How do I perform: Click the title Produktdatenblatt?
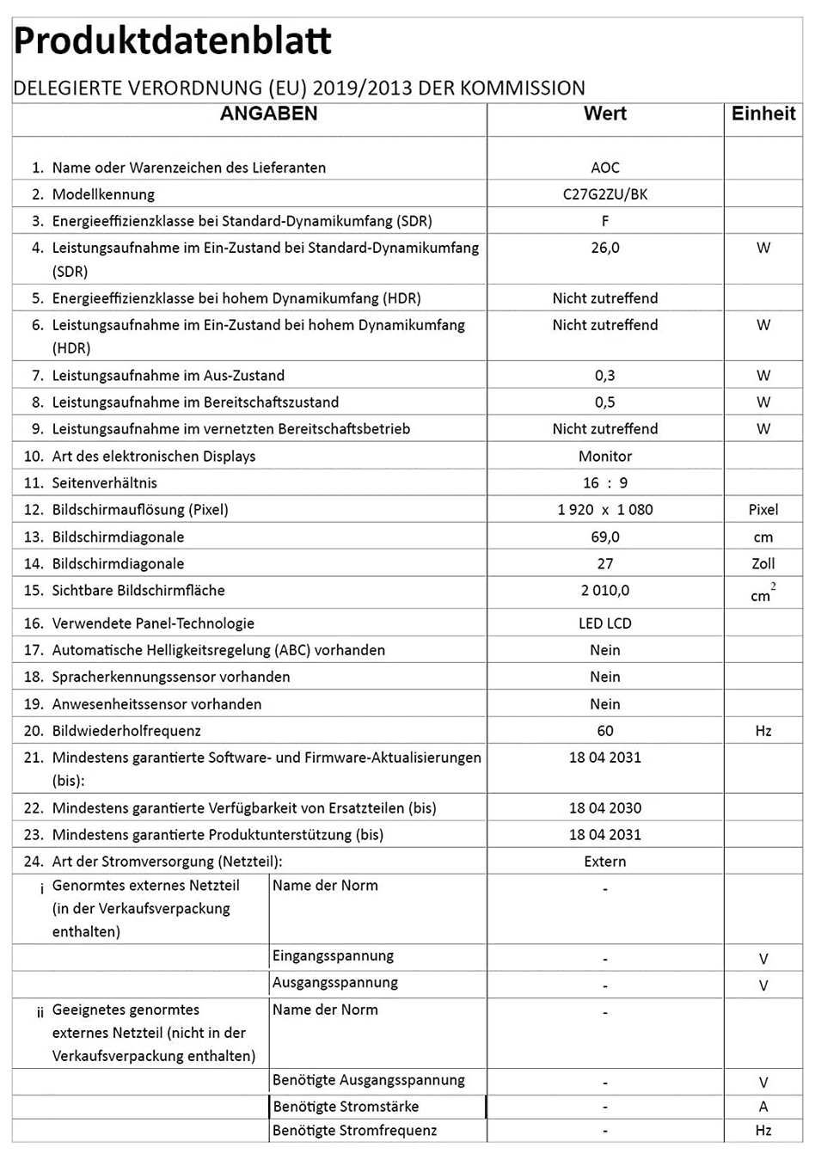pyautogui.click(x=173, y=41)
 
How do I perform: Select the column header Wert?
pyautogui.click(x=605, y=114)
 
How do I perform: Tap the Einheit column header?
pyautogui.click(x=763, y=114)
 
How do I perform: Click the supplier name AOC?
pyautogui.click(x=605, y=168)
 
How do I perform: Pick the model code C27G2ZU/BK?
pyautogui.click(x=605, y=194)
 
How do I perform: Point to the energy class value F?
pyautogui.click(x=605, y=221)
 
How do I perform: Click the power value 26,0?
pyautogui.click(x=605, y=248)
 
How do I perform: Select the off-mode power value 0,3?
pyautogui.click(x=605, y=376)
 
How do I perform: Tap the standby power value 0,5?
pyautogui.click(x=605, y=402)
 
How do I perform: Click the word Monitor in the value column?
pyautogui.click(x=605, y=457)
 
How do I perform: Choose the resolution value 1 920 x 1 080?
pyautogui.click(x=605, y=510)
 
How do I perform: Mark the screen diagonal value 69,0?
pyautogui.click(x=605, y=537)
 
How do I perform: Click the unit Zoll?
pyautogui.click(x=763, y=564)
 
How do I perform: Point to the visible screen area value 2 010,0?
pyautogui.click(x=605, y=591)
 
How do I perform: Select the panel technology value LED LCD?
pyautogui.click(x=605, y=623)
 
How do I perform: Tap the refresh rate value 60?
pyautogui.click(x=605, y=731)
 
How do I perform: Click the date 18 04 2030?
pyautogui.click(x=605, y=808)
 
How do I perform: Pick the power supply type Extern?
pyautogui.click(x=605, y=862)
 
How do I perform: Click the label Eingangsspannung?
pyautogui.click(x=333, y=956)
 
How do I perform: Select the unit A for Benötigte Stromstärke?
pyautogui.click(x=763, y=1107)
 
